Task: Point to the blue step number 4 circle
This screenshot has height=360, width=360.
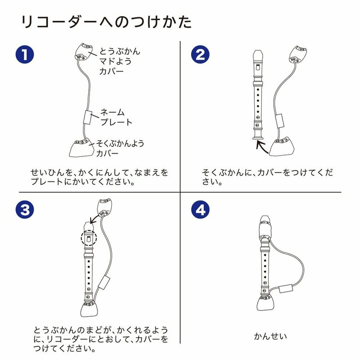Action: pos(200,210)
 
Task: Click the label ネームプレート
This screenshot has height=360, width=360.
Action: pos(116,117)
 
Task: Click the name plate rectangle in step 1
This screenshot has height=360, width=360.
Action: pos(88,117)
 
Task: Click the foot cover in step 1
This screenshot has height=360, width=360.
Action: pos(81,148)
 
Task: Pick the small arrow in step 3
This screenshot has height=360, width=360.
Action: pos(96,218)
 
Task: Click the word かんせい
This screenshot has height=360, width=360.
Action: pos(270,336)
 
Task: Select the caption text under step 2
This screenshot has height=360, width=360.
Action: pos(267,177)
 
